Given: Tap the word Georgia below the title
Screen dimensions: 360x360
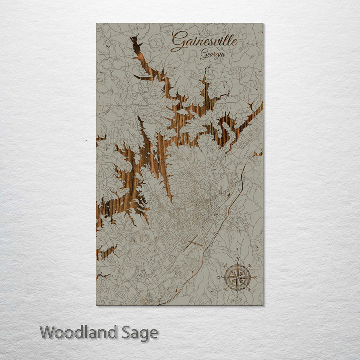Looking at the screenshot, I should point(212,55).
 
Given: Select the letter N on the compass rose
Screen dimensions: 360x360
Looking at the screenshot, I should point(238,259).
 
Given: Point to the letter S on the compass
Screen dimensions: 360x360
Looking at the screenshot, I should point(237,295).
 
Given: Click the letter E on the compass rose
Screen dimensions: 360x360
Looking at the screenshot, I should point(255,277).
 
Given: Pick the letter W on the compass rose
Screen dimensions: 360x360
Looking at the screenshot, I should point(219,277).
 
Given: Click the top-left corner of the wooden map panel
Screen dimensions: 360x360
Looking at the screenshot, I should point(97,23).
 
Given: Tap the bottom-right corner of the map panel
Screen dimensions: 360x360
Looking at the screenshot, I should point(263,305).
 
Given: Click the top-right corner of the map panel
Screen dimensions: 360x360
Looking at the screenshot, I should point(263,23).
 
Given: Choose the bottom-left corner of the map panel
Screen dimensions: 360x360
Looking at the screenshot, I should point(97,305).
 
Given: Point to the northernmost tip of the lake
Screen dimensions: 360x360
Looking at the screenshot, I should point(132,38).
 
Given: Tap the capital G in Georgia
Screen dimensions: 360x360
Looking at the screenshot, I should point(203,55).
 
